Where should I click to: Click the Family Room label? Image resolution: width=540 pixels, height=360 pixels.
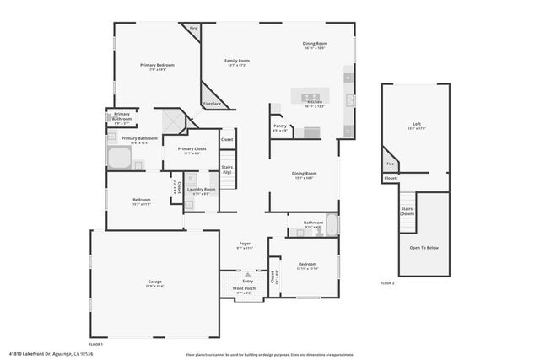coord(237,61)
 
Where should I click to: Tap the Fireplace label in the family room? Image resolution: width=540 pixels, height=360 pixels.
coord(212,104)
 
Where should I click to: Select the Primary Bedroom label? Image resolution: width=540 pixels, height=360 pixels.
coord(157,65)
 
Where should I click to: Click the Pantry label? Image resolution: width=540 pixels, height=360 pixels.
coord(280,127)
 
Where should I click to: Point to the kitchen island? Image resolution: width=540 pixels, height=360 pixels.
coord(315,94)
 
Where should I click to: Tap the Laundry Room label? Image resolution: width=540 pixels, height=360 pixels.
coord(201,189)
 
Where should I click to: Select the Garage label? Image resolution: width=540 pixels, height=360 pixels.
coord(154,282)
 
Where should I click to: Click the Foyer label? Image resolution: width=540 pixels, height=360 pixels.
coord(245,244)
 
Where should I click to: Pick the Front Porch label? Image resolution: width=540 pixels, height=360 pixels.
coord(244,288)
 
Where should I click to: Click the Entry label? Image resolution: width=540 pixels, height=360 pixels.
coord(247,281)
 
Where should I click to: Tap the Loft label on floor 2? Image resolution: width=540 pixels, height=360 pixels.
coord(413,123)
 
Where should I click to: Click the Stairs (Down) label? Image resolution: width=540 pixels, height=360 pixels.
coord(407,211)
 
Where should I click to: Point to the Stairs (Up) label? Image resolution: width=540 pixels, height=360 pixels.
coord(227,169)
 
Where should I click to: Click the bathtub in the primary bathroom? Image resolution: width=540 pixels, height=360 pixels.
coord(117,158)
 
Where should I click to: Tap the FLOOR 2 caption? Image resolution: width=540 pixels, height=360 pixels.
coord(387,282)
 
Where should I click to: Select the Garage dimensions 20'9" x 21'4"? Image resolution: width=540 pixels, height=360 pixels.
coord(154,287)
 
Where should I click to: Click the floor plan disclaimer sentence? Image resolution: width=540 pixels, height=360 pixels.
coord(269,354)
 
